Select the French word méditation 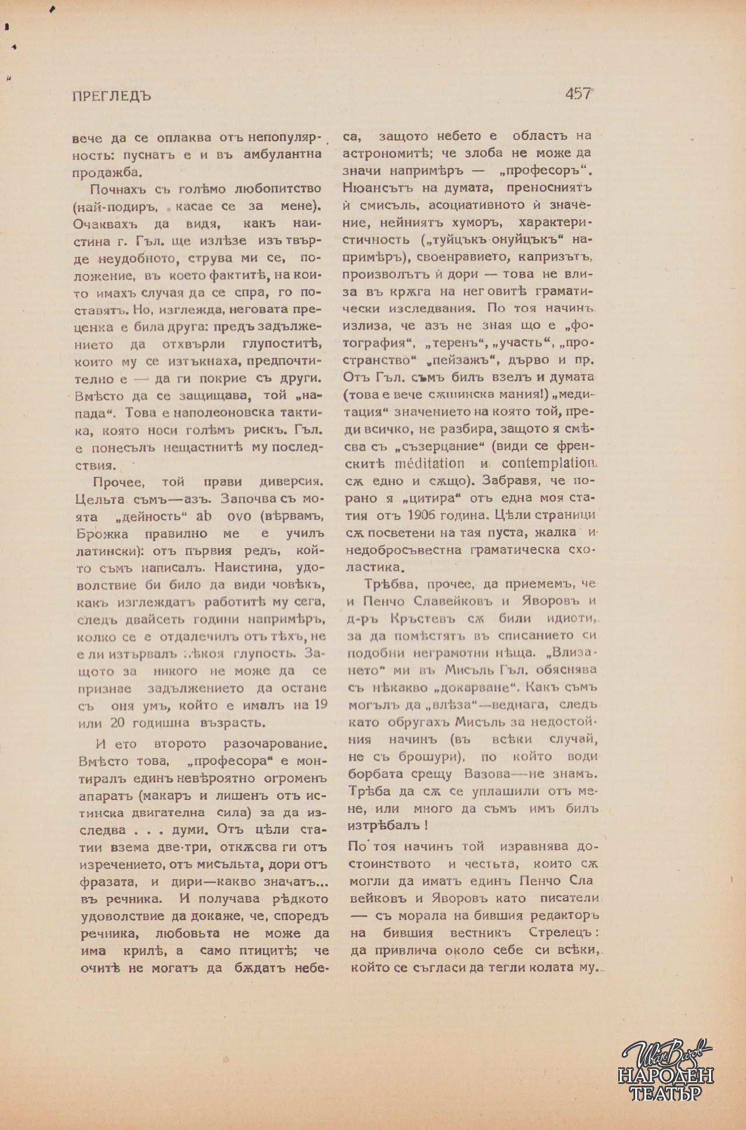pyautogui.click(x=429, y=464)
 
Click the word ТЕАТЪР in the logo pyautogui.click(x=666, y=1094)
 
